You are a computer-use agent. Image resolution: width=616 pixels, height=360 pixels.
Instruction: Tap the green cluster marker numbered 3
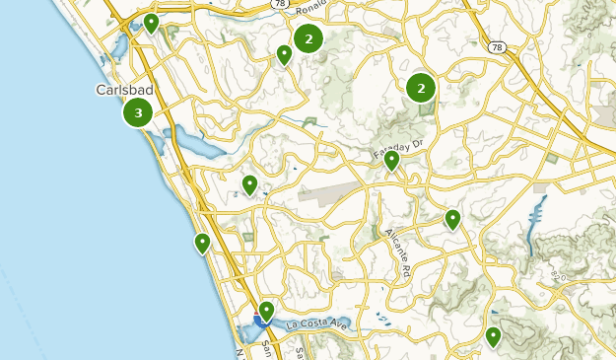[138, 113]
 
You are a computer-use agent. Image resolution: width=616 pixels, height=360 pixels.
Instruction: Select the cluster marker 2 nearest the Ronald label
[308, 39]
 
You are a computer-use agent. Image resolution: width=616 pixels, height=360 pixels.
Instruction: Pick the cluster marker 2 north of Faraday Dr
[421, 89]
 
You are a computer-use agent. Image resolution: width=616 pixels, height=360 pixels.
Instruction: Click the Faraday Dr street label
[397, 150]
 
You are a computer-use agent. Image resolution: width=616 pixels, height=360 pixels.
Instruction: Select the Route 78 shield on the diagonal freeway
[495, 46]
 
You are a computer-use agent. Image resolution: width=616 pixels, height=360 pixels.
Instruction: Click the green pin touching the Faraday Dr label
[391, 160]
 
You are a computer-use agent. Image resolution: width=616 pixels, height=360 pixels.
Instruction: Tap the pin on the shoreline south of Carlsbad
[202, 242]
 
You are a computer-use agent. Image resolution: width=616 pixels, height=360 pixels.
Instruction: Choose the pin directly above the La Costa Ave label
[266, 311]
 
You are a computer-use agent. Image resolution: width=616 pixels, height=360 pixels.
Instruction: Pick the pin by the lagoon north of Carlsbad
[151, 22]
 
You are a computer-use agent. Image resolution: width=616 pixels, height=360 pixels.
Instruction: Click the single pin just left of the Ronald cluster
[284, 54]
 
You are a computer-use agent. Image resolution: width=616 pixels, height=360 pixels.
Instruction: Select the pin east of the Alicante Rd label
[452, 218]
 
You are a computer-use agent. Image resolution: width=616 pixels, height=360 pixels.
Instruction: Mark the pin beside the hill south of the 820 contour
[493, 336]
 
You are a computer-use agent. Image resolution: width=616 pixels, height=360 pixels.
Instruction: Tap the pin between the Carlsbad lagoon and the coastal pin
[249, 183]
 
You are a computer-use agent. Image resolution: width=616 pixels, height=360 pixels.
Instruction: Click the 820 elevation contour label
[559, 273]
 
